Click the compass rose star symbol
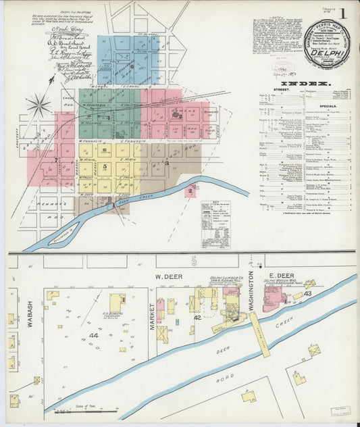(39, 105)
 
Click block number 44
(93, 335)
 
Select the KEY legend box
(215, 224)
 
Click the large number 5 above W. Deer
(193, 260)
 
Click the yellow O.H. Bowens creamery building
(117, 301)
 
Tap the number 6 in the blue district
(132, 66)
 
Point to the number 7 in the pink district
(55, 160)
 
